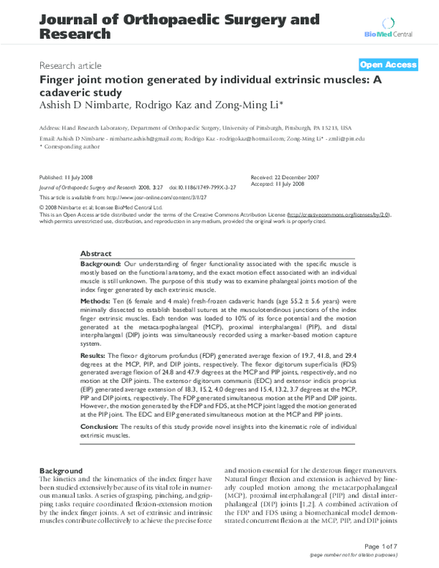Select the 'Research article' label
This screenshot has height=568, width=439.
click(72, 65)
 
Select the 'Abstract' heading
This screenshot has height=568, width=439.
click(96, 251)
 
